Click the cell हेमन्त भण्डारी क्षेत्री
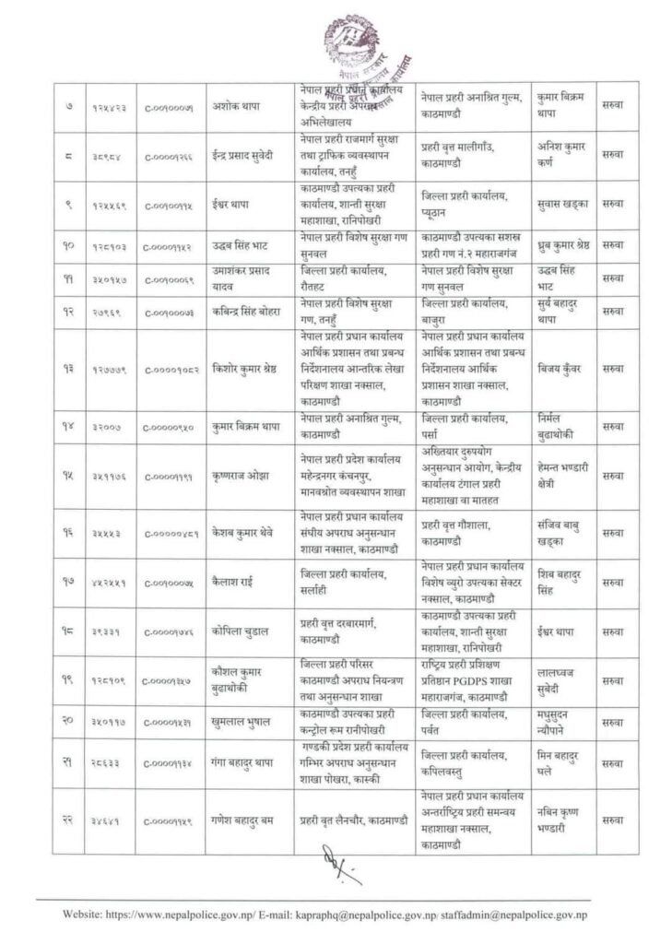561,476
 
